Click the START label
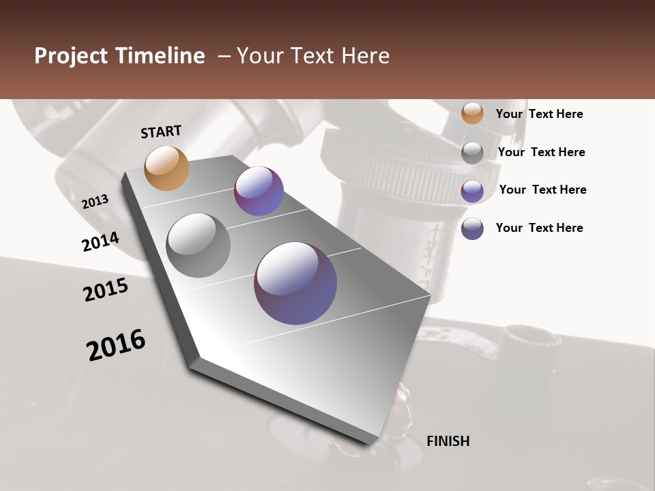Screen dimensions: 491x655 coord(161,132)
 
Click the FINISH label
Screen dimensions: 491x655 coord(448,441)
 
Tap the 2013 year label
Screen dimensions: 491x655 coord(96,201)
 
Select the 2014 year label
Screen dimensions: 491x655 coord(101,241)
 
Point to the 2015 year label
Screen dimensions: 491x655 coord(106,290)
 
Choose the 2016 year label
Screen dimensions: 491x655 coord(116,344)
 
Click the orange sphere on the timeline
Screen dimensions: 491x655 coord(167,168)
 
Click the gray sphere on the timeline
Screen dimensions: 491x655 coord(199,245)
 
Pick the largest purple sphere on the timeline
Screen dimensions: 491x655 coord(295,283)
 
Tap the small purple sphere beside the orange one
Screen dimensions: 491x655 coord(259,191)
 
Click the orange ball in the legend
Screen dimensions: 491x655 coord(472,114)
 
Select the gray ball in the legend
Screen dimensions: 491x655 coord(472,153)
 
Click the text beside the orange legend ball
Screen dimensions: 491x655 coord(539,115)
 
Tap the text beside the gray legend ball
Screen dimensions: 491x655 coord(541,152)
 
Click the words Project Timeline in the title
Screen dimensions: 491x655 coord(119,56)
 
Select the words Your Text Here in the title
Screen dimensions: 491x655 coord(312,56)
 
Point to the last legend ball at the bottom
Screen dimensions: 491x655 coord(472,228)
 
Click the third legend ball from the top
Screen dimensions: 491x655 coord(472,191)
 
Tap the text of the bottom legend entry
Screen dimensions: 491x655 coord(539,228)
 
